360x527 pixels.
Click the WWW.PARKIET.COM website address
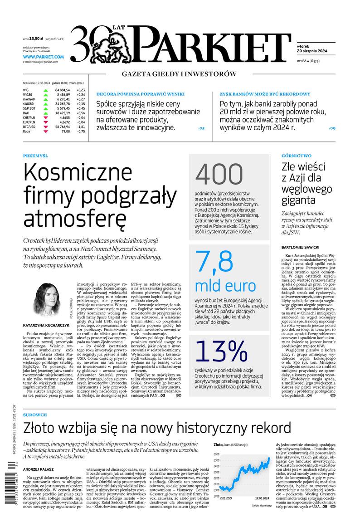pos(43,57)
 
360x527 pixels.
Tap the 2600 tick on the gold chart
pos(216,454)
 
